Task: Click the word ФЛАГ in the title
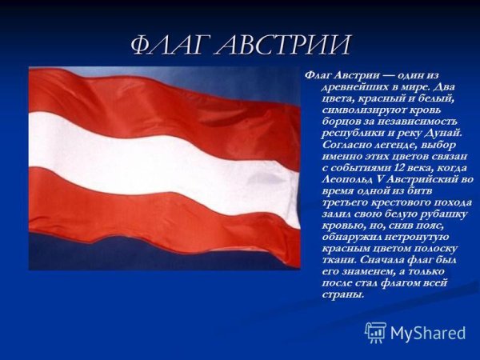[x=169, y=45]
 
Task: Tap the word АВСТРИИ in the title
[x=281, y=45]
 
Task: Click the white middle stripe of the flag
[x=160, y=160]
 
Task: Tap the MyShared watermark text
[x=428, y=334]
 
